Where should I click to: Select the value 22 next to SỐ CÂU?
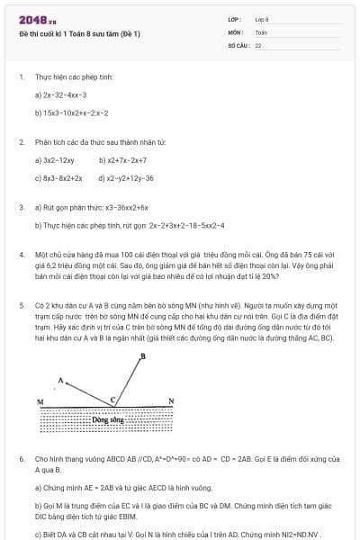pos(258,44)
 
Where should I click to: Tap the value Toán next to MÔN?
pos(261,31)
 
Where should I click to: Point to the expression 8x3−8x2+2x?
pos(61,178)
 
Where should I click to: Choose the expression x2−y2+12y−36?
pos(130,178)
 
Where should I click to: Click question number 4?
pos(21,255)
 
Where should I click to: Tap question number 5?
pos(21,305)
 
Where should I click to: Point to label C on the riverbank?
pos(113,399)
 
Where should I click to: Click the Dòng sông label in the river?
pos(108,419)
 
